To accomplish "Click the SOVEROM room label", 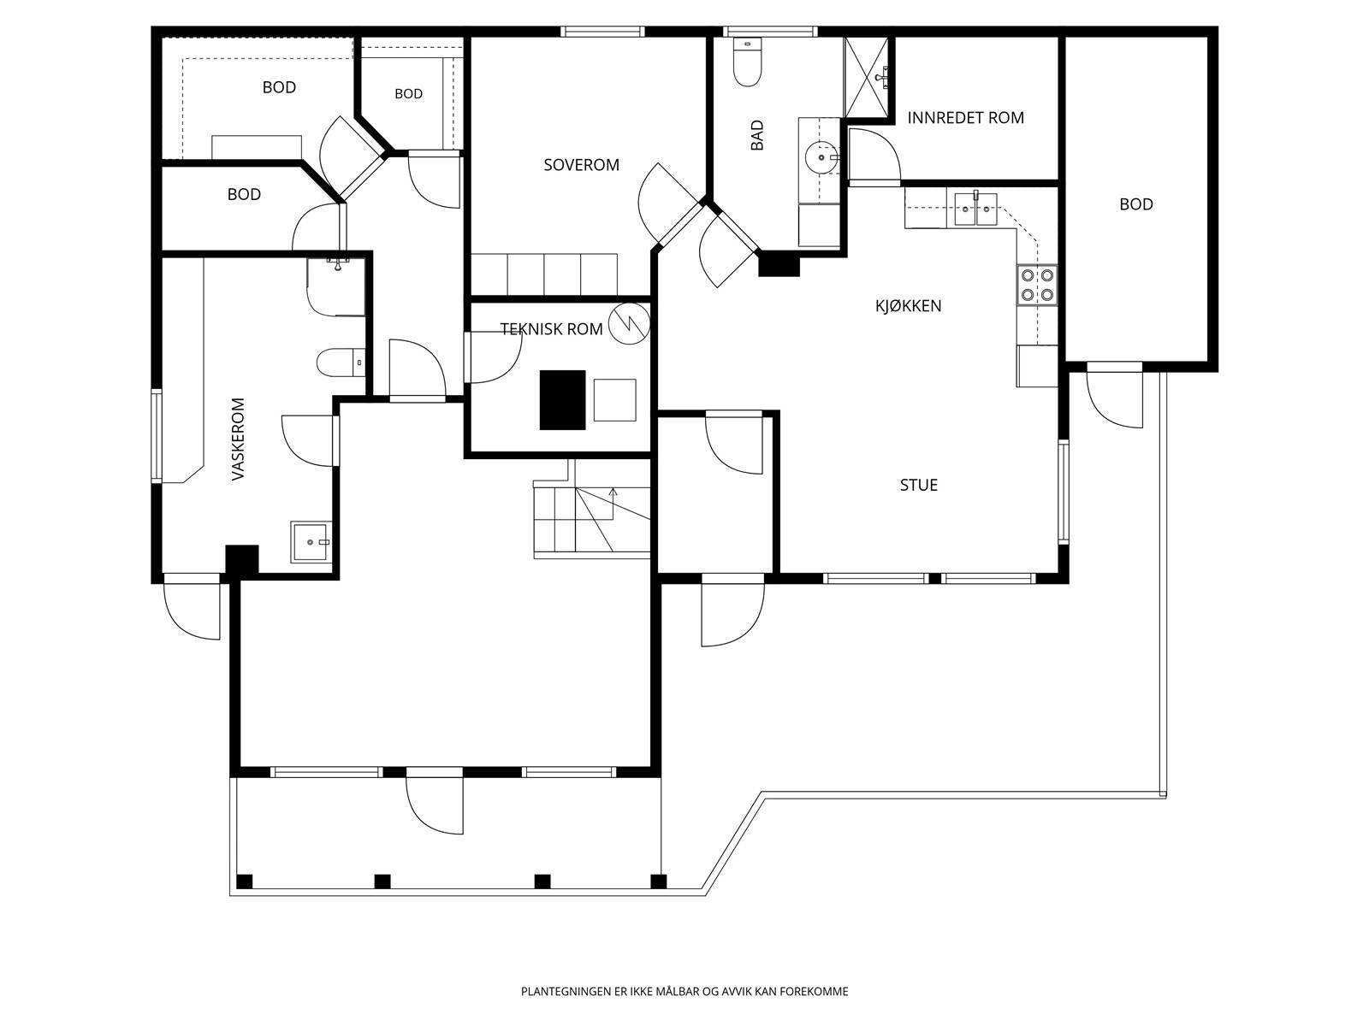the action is point(581,165).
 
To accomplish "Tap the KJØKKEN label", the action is point(908,306).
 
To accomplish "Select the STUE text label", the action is point(919,485).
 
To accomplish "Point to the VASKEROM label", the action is point(238,439).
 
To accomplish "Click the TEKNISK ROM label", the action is point(551,329).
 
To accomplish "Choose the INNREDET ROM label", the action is point(965,118).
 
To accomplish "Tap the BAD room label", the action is point(756,135).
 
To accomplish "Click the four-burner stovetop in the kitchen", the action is point(1037,285).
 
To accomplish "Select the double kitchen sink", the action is point(975,209).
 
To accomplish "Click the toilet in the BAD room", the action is point(747,62).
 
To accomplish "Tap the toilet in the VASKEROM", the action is point(341,363).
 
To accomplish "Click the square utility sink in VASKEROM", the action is point(310,542).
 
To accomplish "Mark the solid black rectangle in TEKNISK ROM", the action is point(562,400).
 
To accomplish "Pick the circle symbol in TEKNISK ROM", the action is point(629,323).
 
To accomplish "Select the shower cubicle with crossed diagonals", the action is point(866,77).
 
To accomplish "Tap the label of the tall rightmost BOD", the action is point(1135,204).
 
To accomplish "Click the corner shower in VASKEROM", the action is point(335,287).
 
